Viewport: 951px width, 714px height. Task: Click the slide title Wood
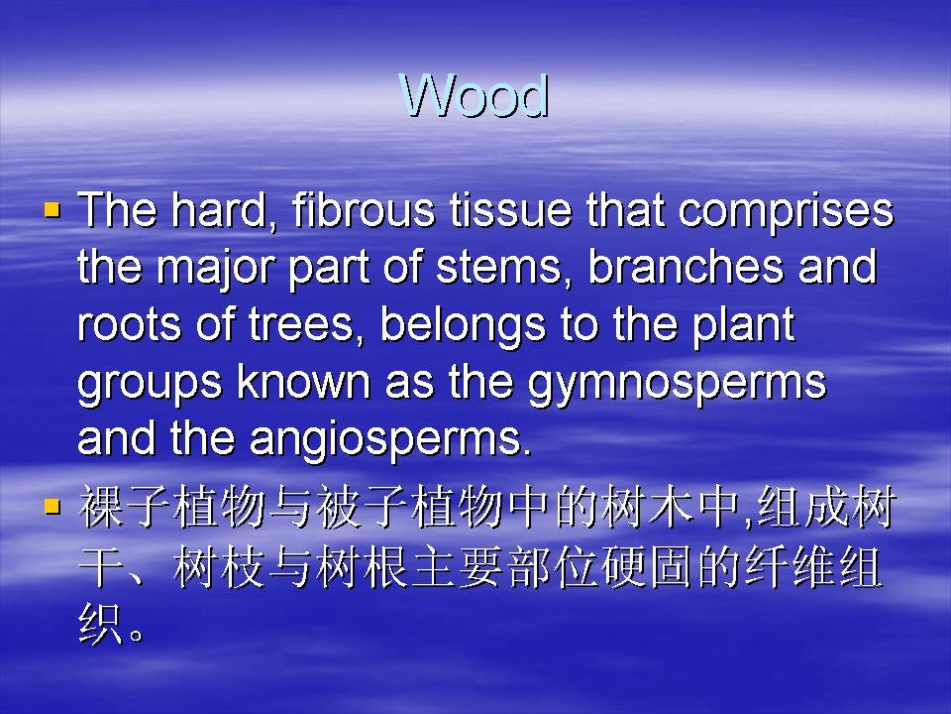[475, 95]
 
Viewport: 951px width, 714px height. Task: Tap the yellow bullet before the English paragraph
[53, 210]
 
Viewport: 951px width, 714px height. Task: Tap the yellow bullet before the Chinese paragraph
[53, 506]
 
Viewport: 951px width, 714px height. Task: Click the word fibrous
[363, 209]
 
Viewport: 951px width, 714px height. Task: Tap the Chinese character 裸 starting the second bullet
[101, 507]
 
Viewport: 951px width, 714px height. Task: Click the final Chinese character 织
[101, 624]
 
